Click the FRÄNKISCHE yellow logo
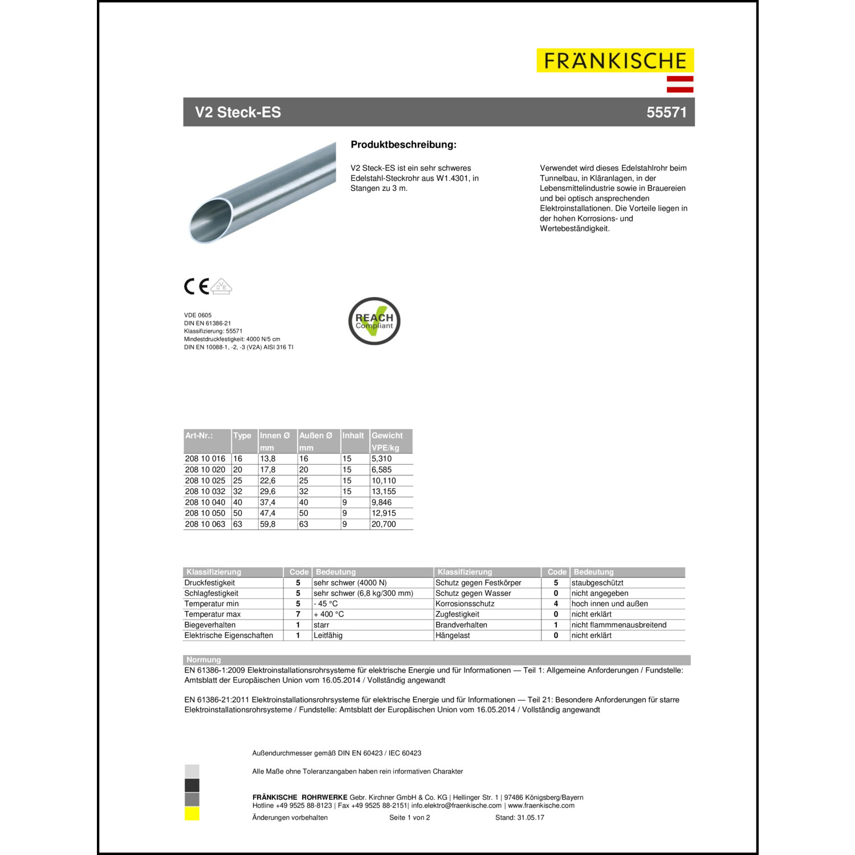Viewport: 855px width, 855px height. point(615,60)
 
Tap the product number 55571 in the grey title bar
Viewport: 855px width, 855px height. point(666,112)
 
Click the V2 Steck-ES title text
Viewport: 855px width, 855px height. point(238,112)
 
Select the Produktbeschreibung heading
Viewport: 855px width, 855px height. point(404,145)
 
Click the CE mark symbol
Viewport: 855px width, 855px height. point(196,286)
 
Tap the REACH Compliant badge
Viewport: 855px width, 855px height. point(374,321)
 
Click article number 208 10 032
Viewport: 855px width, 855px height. point(205,491)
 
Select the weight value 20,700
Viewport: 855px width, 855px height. point(384,524)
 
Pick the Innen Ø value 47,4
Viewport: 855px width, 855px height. point(267,513)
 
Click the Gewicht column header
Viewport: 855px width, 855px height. point(387,435)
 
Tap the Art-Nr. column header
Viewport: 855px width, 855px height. point(199,435)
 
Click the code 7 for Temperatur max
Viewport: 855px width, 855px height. point(298,614)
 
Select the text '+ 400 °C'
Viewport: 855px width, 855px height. point(329,614)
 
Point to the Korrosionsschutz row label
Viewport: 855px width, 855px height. point(465,604)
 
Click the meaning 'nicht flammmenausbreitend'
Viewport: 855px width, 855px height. point(618,625)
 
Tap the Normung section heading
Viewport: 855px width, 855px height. point(203,660)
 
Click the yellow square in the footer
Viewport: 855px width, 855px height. point(192,814)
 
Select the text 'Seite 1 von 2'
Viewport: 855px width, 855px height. point(409,817)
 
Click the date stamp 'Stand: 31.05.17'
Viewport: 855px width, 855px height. point(519,817)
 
